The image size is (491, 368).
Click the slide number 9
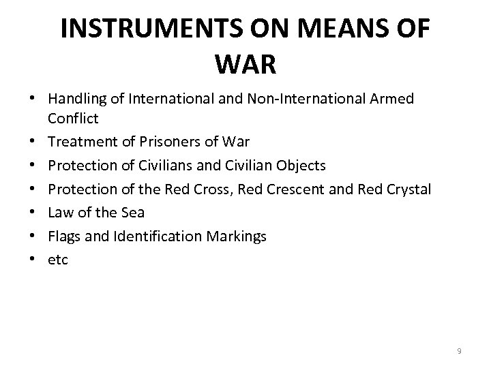[459, 351]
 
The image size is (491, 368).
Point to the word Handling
[77, 99]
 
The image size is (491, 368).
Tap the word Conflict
[73, 119]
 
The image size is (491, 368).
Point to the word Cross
[212, 189]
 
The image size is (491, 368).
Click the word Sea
[132, 213]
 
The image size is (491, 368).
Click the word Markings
[239, 236]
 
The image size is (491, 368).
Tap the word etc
[58, 260]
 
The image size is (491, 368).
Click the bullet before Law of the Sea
[33, 213]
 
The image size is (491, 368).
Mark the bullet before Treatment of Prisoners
[33, 142]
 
